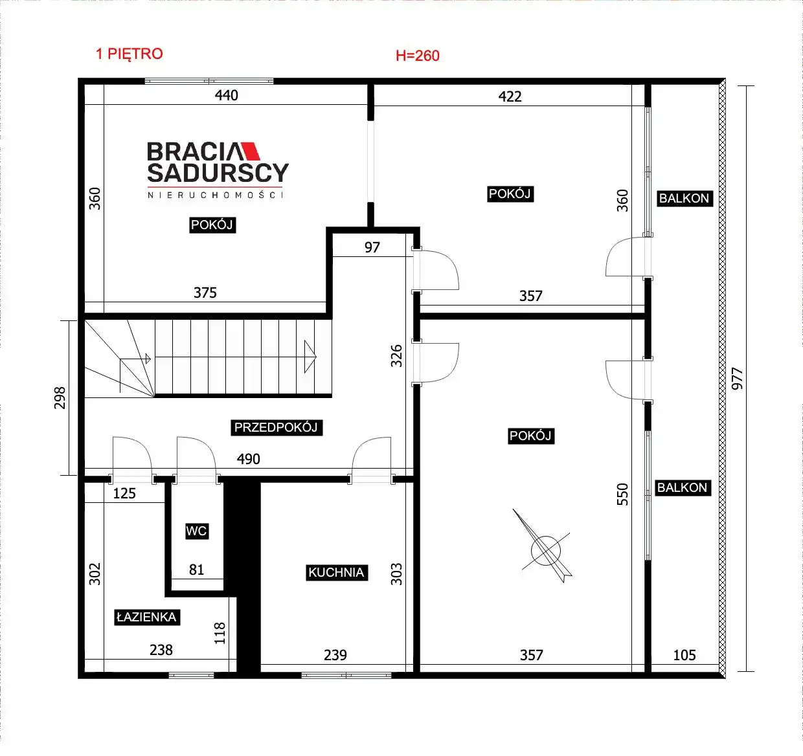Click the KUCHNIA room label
point(336,572)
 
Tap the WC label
point(196,531)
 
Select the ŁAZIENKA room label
point(147,617)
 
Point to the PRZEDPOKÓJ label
point(277,427)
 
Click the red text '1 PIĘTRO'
point(130,54)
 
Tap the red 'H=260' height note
point(417,56)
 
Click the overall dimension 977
point(737,379)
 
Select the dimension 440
point(227,95)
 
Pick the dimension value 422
point(510,96)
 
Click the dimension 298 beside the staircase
point(60,398)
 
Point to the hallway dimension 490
point(248,459)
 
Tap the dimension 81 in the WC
point(196,570)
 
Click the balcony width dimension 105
point(684,655)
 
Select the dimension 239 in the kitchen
point(335,655)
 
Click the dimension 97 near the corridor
point(372,247)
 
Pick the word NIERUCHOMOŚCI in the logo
point(215,195)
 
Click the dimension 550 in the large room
point(622,494)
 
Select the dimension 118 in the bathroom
point(219,633)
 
